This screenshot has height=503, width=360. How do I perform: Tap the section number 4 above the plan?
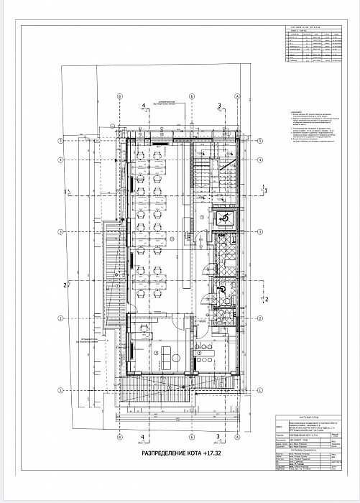click(144, 105)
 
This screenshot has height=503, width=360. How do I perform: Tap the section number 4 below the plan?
click(143, 435)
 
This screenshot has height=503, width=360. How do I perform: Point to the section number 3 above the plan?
click(218, 106)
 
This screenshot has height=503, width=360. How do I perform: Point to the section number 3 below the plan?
click(218, 435)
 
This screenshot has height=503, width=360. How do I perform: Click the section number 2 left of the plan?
click(65, 285)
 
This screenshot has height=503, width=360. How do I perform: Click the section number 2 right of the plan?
click(267, 297)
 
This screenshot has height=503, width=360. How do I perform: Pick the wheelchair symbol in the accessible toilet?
click(222, 289)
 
